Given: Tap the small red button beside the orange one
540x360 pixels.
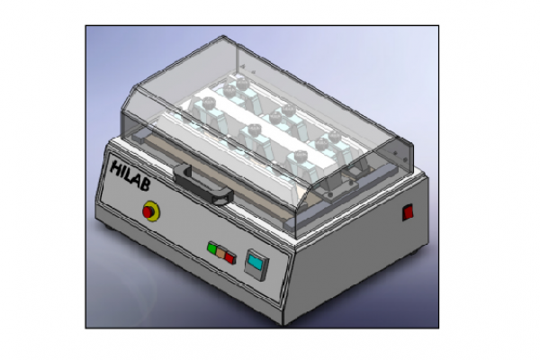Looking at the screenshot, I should click(x=230, y=256).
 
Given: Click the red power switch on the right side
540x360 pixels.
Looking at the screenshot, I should click(x=408, y=213).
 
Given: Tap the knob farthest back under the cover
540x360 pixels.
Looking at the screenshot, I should click(x=240, y=85).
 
